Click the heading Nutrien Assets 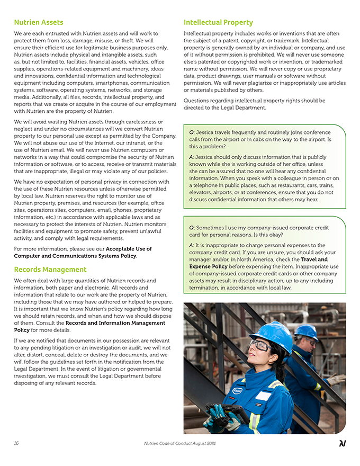(x=39, y=22)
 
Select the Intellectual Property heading (x=218, y=22)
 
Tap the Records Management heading (x=50, y=269)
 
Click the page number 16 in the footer (x=16, y=443)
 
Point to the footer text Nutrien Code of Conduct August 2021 (x=179, y=443)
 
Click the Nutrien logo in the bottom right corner (x=343, y=443)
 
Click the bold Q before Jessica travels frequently (x=191, y=132)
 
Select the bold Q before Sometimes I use (x=191, y=228)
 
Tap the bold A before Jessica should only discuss (x=191, y=157)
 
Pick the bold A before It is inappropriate (x=191, y=245)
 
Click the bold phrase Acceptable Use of (x=129, y=249)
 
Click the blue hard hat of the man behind (x=307, y=332)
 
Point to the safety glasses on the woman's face (x=260, y=345)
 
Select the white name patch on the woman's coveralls (x=263, y=396)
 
